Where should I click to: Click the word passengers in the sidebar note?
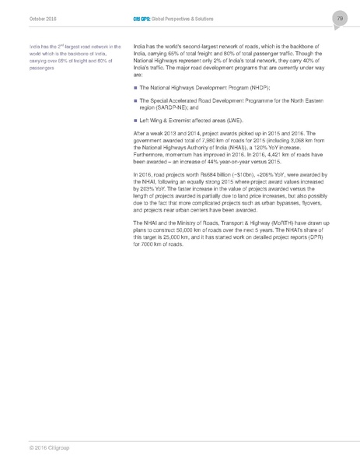pyautogui.click(x=39, y=68)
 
